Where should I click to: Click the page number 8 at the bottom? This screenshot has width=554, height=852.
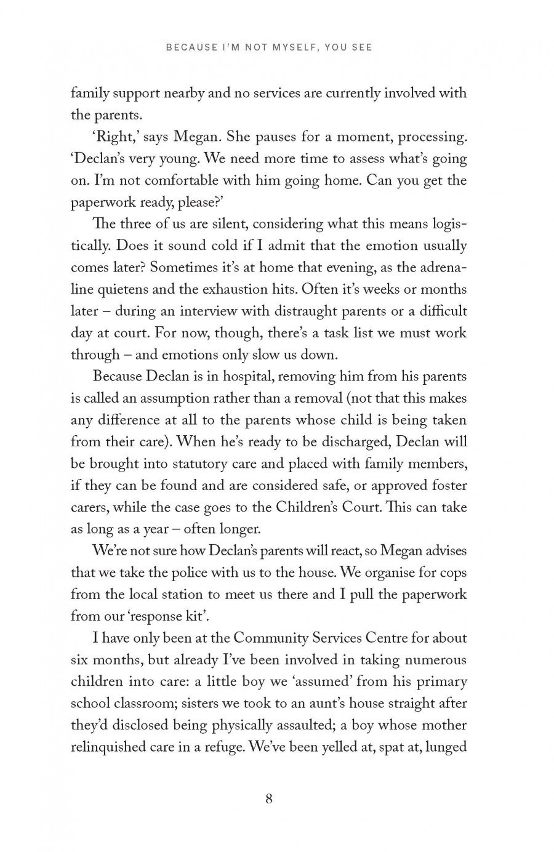coord(268,798)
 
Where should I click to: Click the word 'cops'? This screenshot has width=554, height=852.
coord(453,573)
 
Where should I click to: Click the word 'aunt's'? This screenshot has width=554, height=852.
coord(318,703)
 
